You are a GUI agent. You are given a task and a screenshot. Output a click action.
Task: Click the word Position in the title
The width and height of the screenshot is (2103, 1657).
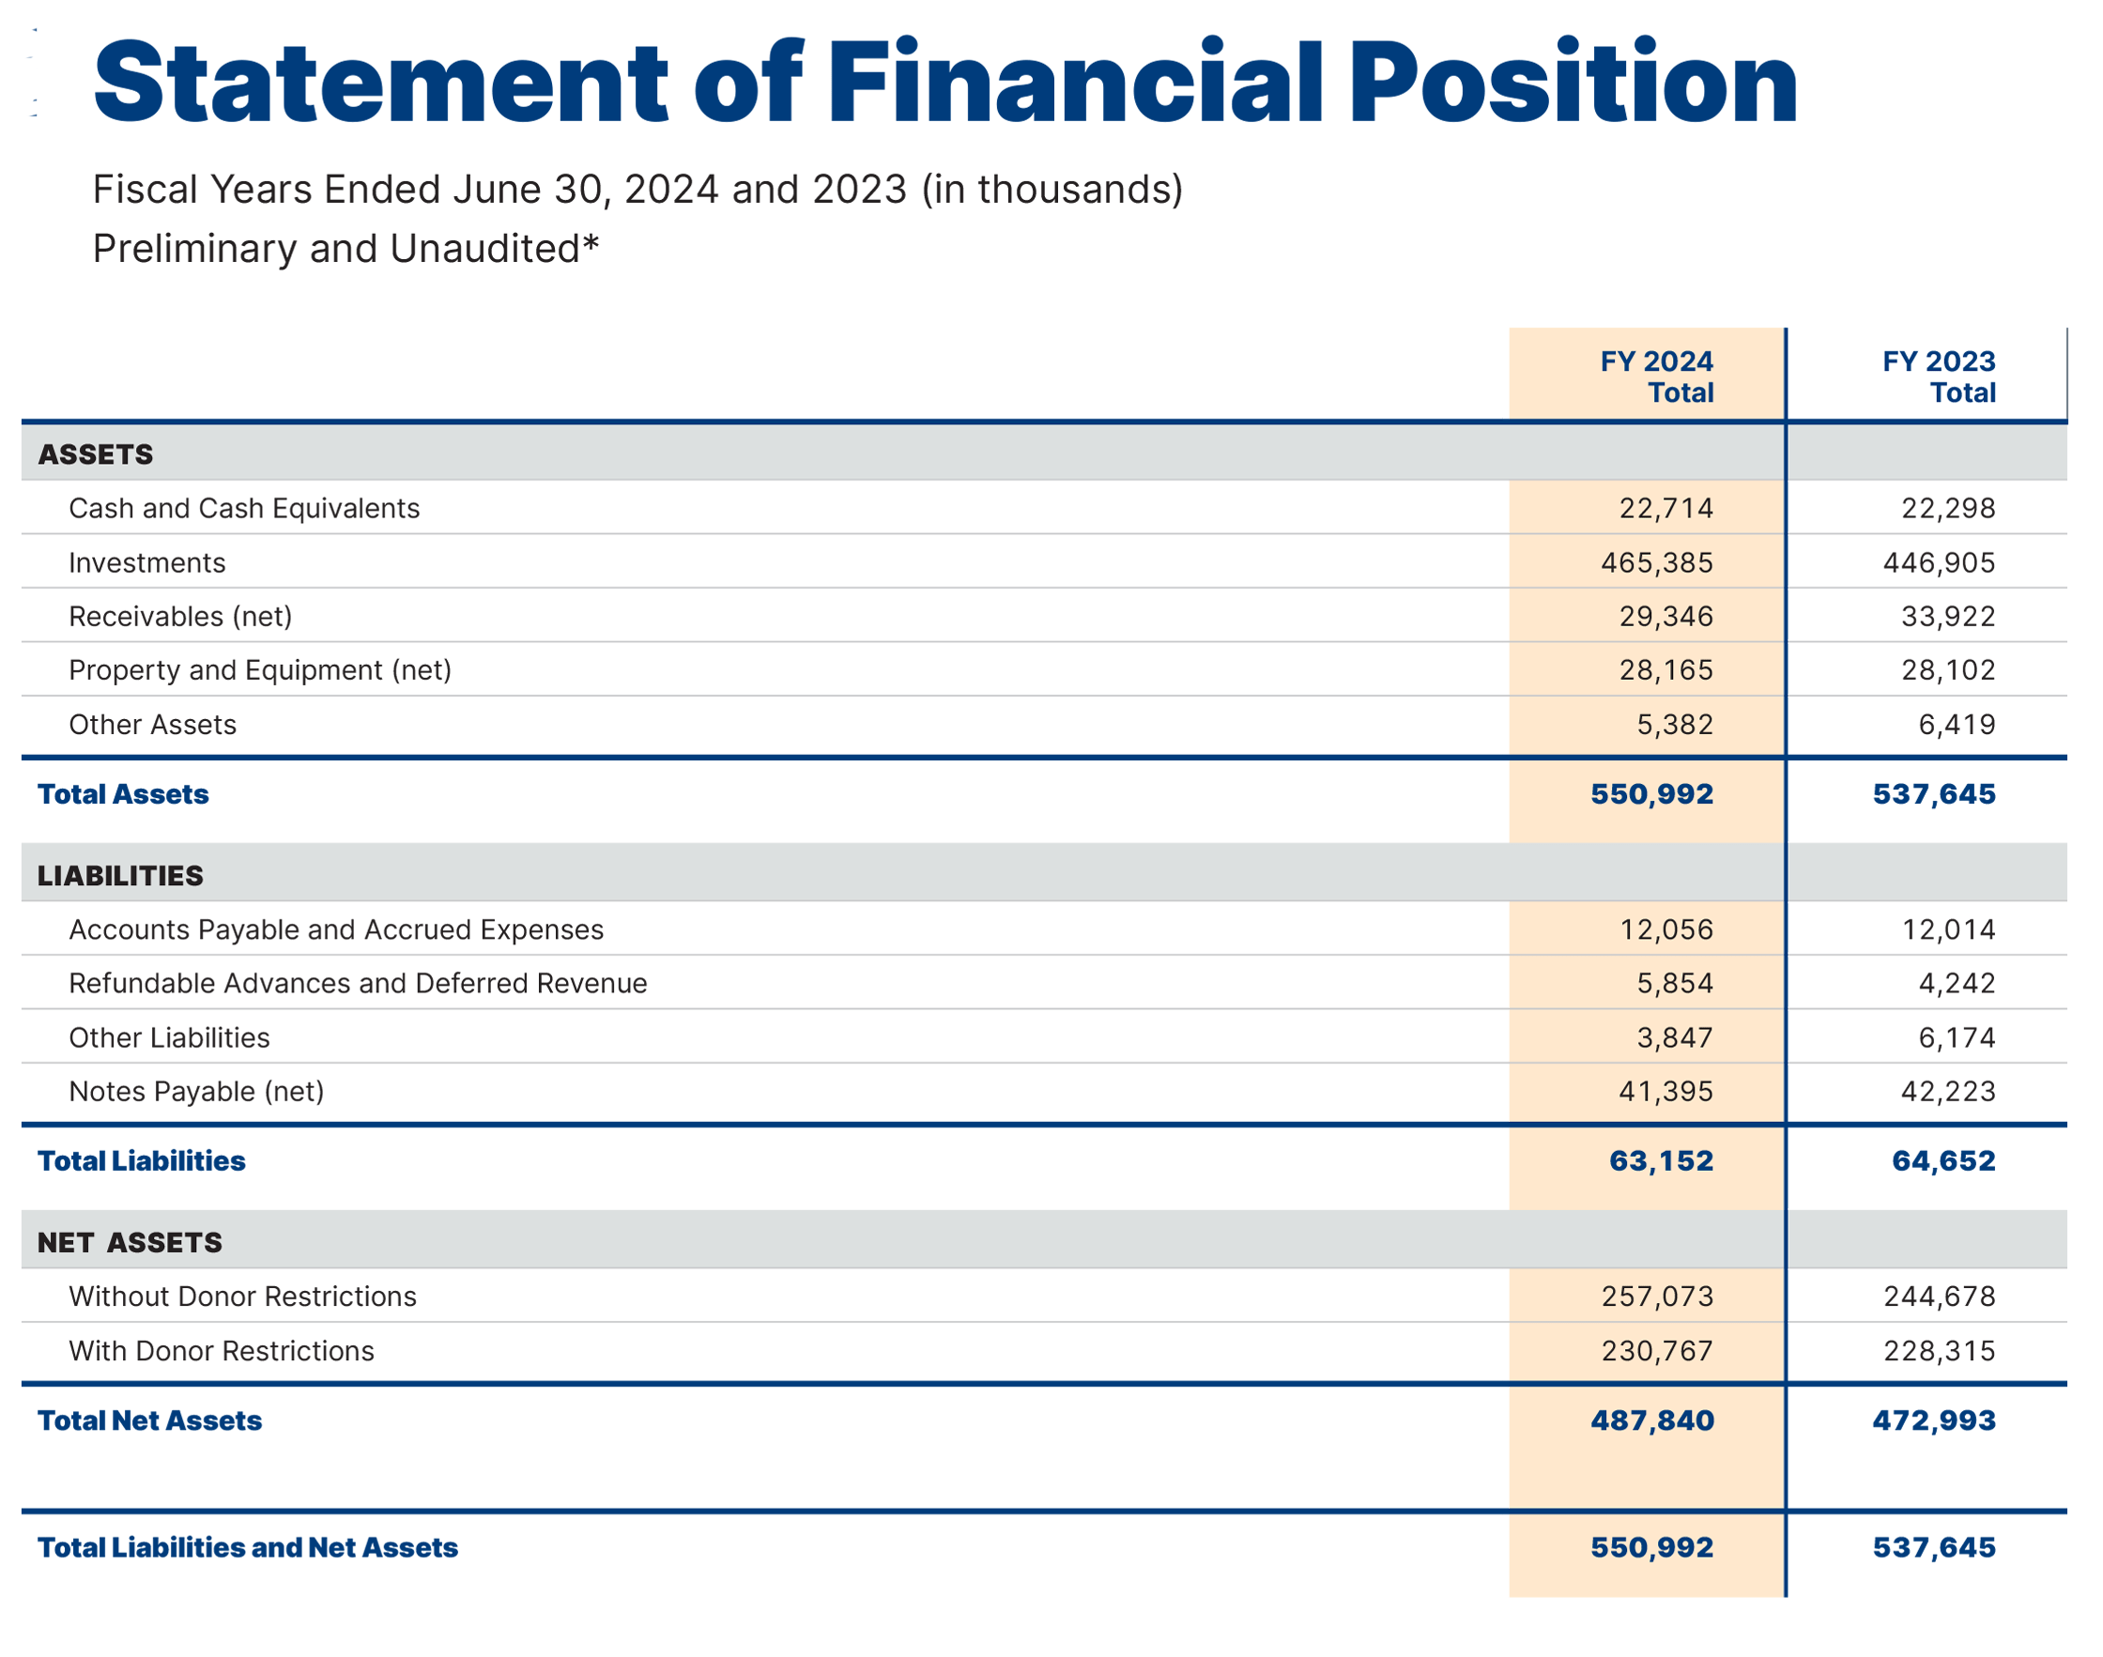pos(1573,84)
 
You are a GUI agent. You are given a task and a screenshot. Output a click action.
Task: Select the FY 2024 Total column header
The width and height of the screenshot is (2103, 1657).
pos(1656,376)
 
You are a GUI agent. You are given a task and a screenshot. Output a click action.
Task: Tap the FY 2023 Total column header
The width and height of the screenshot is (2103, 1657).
pos(1938,376)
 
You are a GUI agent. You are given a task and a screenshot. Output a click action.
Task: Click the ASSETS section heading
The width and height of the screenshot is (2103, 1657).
pos(95,454)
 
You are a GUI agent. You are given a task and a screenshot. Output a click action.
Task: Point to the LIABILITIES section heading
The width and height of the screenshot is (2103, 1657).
pos(120,875)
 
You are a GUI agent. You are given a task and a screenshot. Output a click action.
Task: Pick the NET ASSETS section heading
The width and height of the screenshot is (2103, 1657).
pos(130,1242)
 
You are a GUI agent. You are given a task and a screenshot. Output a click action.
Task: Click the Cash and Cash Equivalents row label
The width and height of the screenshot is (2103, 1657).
pos(243,508)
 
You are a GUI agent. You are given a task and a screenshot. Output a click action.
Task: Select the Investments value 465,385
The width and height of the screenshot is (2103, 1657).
pos(1656,562)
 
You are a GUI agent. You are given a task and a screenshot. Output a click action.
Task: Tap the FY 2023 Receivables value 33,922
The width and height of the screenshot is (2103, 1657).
pos(1947,616)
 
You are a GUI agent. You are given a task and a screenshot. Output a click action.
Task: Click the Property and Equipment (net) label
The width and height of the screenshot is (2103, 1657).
pos(260,670)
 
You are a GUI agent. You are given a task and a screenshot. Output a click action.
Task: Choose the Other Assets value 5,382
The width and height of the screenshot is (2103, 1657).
pos(1674,725)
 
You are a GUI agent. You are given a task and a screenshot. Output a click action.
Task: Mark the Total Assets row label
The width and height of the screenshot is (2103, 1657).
pos(123,794)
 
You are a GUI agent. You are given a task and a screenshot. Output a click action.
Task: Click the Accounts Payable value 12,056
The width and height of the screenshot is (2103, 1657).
pos(1666,929)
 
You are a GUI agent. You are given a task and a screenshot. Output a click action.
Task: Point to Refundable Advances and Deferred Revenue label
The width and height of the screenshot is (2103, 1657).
pos(357,984)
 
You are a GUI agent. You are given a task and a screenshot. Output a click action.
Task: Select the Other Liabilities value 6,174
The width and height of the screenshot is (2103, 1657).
pos(1956,1038)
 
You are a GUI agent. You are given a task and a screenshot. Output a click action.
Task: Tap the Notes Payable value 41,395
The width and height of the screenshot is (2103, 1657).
pos(1666,1092)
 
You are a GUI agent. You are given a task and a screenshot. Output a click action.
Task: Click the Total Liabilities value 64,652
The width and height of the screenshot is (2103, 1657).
pos(1943,1161)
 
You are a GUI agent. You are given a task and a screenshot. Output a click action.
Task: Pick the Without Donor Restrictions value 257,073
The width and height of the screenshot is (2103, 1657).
pos(1657,1296)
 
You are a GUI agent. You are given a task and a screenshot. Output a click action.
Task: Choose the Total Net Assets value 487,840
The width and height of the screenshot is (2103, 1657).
pos(1652,1420)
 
